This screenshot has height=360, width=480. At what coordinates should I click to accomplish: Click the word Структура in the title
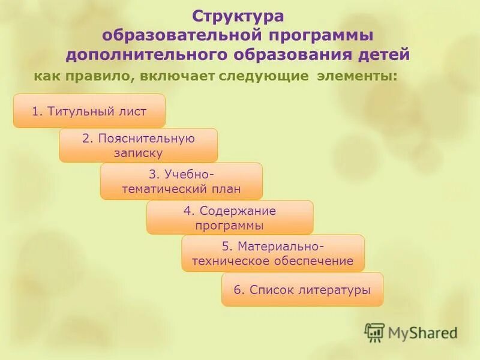238,14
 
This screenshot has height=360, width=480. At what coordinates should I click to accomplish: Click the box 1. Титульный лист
89,110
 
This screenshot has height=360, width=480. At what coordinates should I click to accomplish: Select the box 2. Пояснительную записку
138,145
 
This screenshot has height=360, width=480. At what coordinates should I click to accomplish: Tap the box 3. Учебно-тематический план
181,181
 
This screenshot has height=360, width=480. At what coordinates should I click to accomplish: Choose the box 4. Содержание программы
230,217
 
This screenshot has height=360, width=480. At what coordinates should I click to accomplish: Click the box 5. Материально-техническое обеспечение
273,253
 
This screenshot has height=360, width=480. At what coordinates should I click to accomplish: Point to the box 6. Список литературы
302,290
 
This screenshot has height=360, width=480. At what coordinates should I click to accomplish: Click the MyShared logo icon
374,332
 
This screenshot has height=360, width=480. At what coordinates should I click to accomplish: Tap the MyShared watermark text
422,332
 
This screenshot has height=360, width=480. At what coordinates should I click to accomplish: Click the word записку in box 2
139,153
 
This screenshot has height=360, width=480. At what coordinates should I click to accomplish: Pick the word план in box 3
227,190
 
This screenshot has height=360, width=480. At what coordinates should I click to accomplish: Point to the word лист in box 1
136,111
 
